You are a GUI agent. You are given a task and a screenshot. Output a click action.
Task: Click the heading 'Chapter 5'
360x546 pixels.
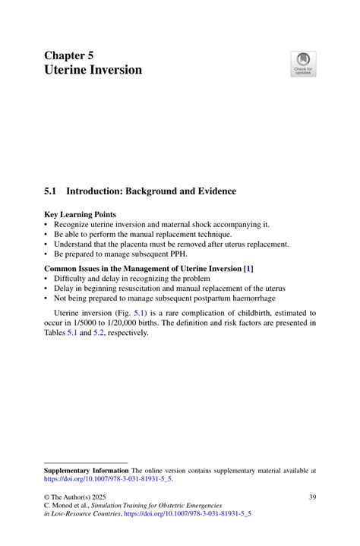(x=68, y=55)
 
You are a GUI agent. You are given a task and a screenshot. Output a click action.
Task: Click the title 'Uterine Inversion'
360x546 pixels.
(x=93, y=71)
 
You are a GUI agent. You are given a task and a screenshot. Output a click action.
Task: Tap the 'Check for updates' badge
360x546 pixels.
(x=303, y=64)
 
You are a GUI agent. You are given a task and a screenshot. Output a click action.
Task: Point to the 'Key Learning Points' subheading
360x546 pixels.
(x=80, y=215)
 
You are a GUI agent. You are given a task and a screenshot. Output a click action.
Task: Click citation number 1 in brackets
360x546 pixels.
(x=248, y=268)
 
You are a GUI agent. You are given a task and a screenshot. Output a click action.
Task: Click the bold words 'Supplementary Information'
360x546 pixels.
(x=86, y=471)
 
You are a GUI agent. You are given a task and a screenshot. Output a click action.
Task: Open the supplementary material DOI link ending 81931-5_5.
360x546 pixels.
(x=108, y=480)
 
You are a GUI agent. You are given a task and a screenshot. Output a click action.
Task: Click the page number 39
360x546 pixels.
(x=311, y=497)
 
